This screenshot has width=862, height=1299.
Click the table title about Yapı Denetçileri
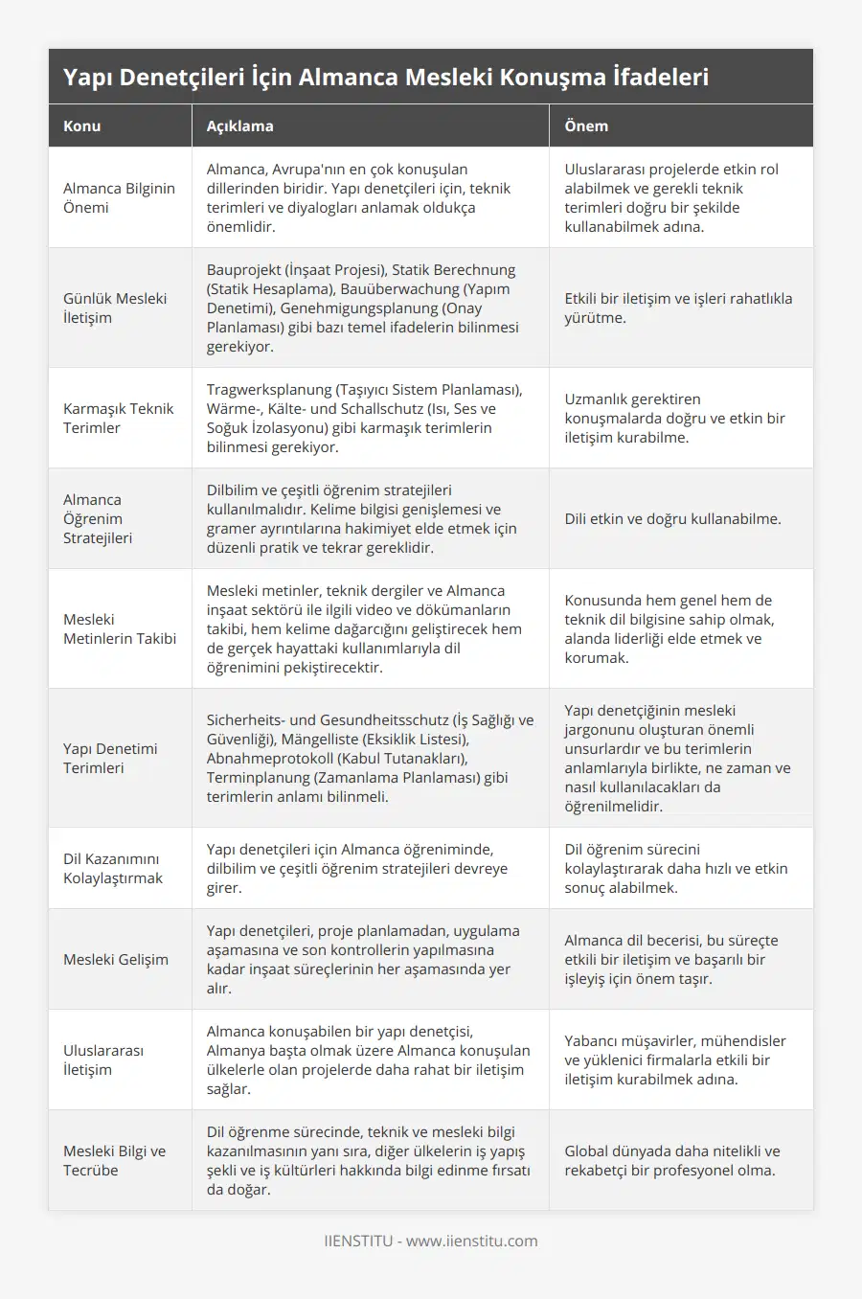click(386, 77)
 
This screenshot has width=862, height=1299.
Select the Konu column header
click(82, 125)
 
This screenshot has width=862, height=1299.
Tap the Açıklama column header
click(239, 125)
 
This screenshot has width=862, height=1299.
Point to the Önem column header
click(586, 125)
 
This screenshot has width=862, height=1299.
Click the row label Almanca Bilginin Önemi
click(119, 197)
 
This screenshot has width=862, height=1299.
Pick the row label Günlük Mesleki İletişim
click(115, 308)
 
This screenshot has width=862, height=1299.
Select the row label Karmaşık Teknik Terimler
click(118, 418)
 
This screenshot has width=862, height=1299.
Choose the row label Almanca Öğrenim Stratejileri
click(98, 518)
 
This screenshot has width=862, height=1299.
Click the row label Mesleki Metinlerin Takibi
click(120, 628)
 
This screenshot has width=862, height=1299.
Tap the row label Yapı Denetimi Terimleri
click(110, 758)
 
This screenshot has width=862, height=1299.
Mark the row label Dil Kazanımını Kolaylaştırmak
click(113, 868)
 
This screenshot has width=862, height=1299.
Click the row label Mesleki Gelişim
click(116, 959)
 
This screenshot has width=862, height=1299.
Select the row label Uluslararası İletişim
click(103, 1060)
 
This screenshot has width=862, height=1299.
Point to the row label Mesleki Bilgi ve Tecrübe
click(114, 1160)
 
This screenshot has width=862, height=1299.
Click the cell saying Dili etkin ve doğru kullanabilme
click(672, 518)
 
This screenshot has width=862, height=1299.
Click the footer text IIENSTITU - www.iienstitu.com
click(431, 1241)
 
